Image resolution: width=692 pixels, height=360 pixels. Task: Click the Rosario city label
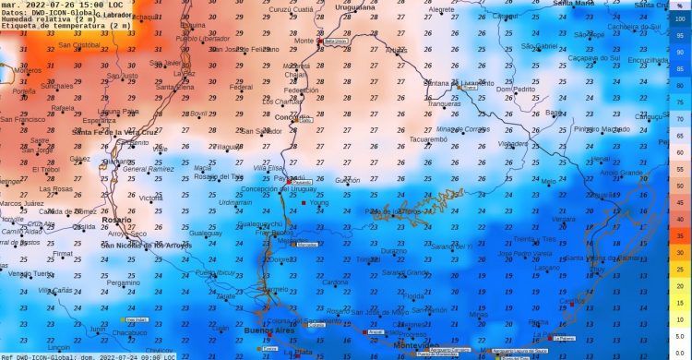117,220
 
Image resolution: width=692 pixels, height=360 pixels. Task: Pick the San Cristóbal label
79,44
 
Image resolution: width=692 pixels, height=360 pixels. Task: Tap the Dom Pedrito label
515,89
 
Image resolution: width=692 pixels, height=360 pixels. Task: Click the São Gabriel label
540,45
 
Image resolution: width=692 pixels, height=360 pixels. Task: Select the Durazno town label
393,250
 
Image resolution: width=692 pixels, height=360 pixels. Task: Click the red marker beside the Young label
304,202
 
